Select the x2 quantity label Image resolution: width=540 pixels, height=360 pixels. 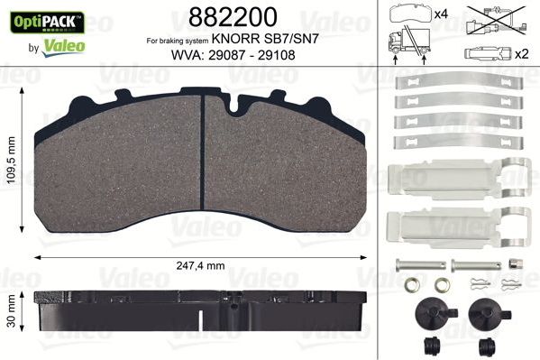point(522,53)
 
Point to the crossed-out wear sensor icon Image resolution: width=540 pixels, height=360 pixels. point(494,16)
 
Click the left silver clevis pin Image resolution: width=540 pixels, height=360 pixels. point(419,265)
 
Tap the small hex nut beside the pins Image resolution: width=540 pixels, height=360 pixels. point(514,265)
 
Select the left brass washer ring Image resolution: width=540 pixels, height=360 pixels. point(411,289)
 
